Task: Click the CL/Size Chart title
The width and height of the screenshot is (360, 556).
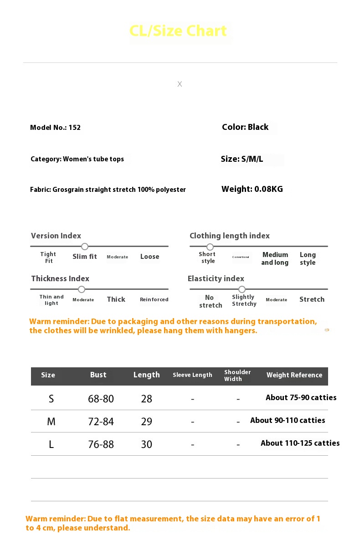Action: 178,31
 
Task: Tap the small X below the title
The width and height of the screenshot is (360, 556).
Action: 180,84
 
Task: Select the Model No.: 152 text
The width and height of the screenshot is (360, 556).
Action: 55,128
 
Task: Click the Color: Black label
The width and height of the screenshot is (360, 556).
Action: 245,127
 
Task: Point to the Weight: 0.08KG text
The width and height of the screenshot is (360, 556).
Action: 252,189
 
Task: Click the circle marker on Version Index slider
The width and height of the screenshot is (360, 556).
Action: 85,247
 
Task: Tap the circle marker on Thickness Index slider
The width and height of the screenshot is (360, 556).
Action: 82,289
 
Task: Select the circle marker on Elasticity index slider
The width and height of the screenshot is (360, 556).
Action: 242,289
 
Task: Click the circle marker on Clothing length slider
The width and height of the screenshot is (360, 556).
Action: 210,247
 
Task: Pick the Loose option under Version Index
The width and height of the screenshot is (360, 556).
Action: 149,257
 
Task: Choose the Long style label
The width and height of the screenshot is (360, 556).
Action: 308,258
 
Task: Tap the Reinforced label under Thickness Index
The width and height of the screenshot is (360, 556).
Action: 154,299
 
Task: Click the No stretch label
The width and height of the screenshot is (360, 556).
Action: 210,301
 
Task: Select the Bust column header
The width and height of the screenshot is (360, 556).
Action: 98,375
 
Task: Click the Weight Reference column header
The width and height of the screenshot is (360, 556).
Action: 294,375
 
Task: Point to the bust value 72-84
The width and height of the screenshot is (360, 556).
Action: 101,422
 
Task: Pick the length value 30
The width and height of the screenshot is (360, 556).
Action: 146,444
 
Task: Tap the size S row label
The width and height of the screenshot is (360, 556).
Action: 51,399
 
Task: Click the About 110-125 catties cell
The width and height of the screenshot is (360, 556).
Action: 300,443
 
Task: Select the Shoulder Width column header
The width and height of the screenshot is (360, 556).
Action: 237,376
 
